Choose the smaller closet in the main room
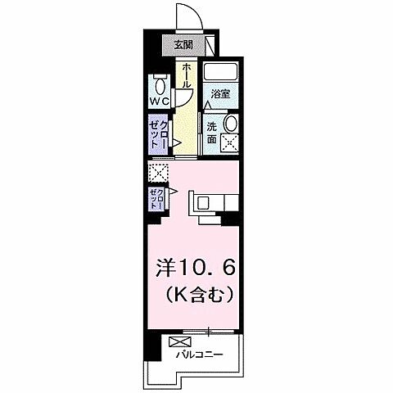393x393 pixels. click(x=156, y=197)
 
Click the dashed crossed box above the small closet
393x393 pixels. click(x=156, y=174)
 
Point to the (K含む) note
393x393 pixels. click(x=196, y=292)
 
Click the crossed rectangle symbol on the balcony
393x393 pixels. click(x=180, y=341)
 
